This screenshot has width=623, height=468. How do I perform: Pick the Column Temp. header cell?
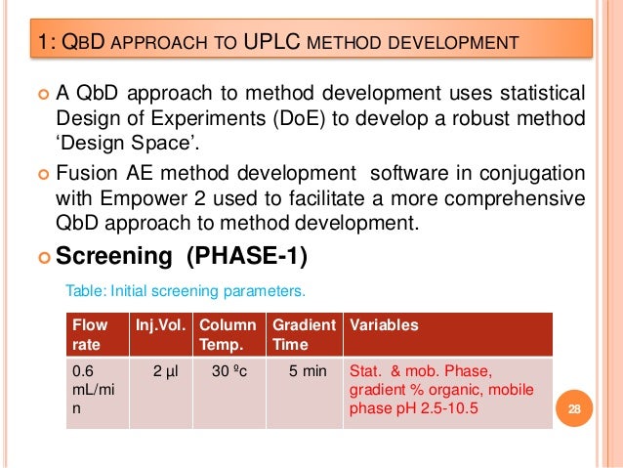coord(228,334)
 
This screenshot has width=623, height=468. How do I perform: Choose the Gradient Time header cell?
coord(304,334)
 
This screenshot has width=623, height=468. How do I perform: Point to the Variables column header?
coord(384,325)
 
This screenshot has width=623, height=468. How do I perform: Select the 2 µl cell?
coord(164,372)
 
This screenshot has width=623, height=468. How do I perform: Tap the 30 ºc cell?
coord(229,372)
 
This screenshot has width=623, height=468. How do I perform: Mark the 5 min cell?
coord(303,372)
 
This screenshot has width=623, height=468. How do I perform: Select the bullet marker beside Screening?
coord(43,259)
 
